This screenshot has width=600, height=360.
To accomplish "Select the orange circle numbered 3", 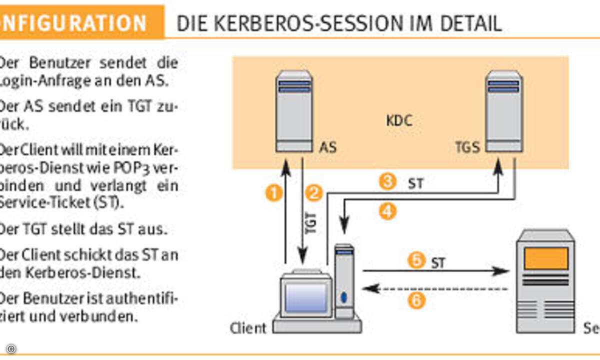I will pos(387,181).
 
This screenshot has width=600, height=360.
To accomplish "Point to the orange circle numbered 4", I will pos(387,211).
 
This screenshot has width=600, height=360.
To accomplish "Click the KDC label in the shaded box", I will pos(399,121).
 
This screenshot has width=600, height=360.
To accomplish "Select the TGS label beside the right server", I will pos(467,148).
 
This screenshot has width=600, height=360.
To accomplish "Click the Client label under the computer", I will pos(248,328).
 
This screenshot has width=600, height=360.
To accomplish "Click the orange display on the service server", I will pos(545,258).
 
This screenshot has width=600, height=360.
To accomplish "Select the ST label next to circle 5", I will pos(438,261).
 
